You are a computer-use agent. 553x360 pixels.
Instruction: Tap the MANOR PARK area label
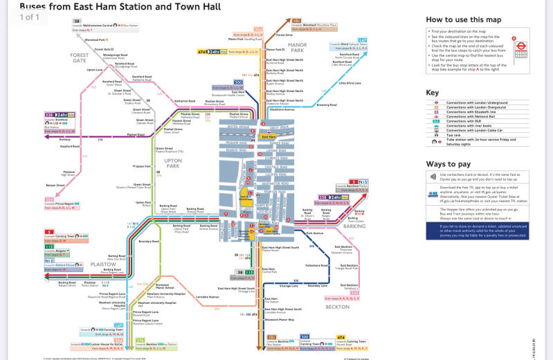point(298,48)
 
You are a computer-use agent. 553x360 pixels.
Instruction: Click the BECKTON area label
point(338,306)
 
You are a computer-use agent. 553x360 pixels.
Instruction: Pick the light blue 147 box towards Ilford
point(362,41)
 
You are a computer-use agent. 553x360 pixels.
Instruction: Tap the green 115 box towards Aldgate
point(49,246)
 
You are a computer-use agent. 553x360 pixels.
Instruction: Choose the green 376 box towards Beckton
point(140,341)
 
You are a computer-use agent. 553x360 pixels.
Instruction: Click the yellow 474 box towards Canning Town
point(341,337)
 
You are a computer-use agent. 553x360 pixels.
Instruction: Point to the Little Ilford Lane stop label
point(350,84)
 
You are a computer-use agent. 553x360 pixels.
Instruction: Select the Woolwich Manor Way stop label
point(279,320)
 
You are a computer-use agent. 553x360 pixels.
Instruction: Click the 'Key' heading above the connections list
point(433,92)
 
